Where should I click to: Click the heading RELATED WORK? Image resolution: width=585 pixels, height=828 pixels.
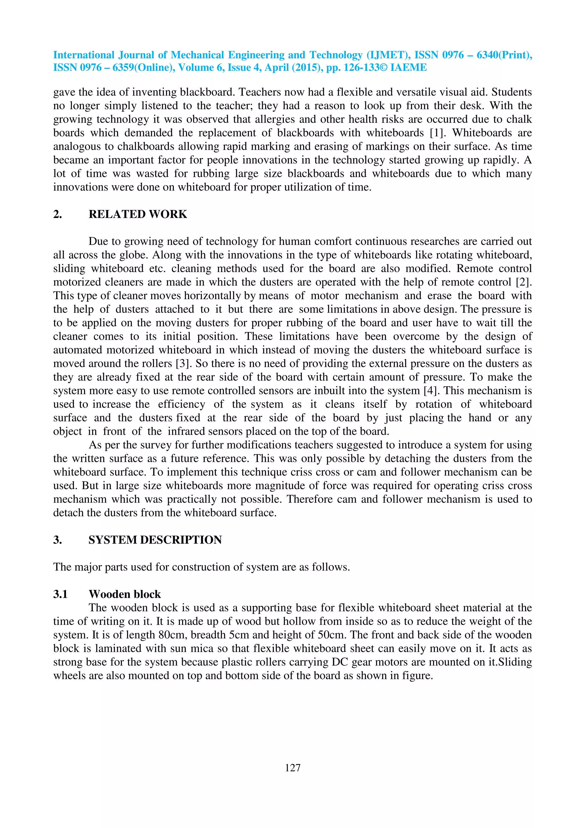pyautogui.click(x=138, y=214)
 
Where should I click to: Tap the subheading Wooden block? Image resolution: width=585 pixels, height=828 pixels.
pyautogui.click(x=125, y=594)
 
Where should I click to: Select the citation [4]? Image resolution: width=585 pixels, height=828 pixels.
pyautogui.click(x=431, y=391)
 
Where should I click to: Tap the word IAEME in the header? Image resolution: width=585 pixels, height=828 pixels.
pyautogui.click(x=408, y=68)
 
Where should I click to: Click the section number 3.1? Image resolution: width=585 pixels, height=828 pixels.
pyautogui.click(x=60, y=594)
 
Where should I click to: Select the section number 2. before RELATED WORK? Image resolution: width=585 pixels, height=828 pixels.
pyautogui.click(x=57, y=214)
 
